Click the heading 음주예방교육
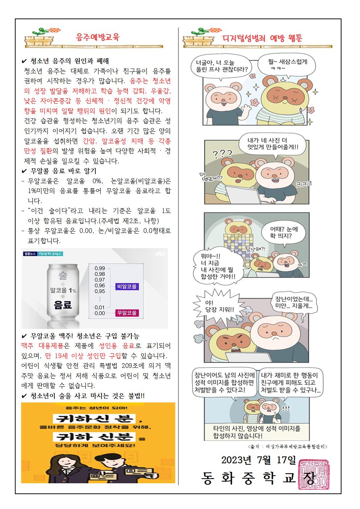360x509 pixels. point(98,37)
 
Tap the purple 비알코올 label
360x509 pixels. point(127,286)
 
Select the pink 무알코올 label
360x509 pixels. point(127,313)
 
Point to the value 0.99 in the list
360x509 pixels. point(100,268)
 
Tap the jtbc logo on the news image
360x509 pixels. point(160,254)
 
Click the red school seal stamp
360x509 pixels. point(314,474)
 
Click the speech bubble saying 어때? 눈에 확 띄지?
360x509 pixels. point(284,233)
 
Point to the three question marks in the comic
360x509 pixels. point(222,154)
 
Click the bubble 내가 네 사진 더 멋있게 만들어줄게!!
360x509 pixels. point(273,144)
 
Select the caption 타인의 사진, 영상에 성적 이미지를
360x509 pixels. point(257,428)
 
